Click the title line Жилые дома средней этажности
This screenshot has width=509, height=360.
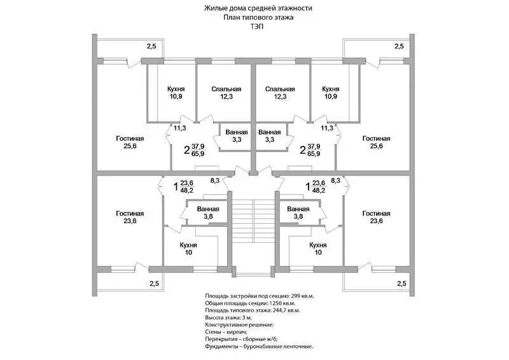258,8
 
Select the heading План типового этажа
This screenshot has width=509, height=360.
258,18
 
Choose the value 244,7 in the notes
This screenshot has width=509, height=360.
276,310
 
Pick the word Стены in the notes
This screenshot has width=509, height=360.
214,332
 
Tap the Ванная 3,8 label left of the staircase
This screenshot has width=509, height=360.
208,212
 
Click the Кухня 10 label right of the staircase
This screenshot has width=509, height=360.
317,248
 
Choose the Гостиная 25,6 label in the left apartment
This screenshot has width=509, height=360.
130,142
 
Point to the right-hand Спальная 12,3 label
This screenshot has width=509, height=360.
280,93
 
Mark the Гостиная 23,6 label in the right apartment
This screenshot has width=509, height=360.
376,217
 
